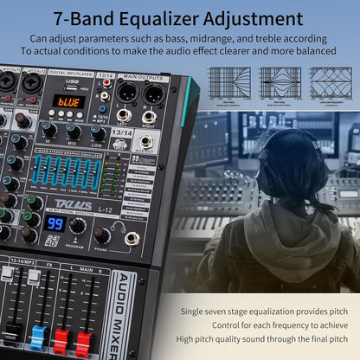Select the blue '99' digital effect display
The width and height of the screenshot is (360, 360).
click(56, 222)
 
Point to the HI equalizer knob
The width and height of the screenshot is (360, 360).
click(49, 129)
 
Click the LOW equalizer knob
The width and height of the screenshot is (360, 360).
click(98, 133)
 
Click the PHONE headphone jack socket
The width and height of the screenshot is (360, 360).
click(132, 239)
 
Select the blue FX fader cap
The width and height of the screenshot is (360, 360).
click(38, 332)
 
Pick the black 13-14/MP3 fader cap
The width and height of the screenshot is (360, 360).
click(13, 330)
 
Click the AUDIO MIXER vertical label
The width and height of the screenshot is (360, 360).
click(121, 317)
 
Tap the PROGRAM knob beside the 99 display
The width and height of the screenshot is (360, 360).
click(77, 225)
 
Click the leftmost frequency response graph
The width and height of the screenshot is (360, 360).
click(229, 81)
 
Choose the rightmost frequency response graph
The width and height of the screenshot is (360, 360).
click(331, 81)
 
